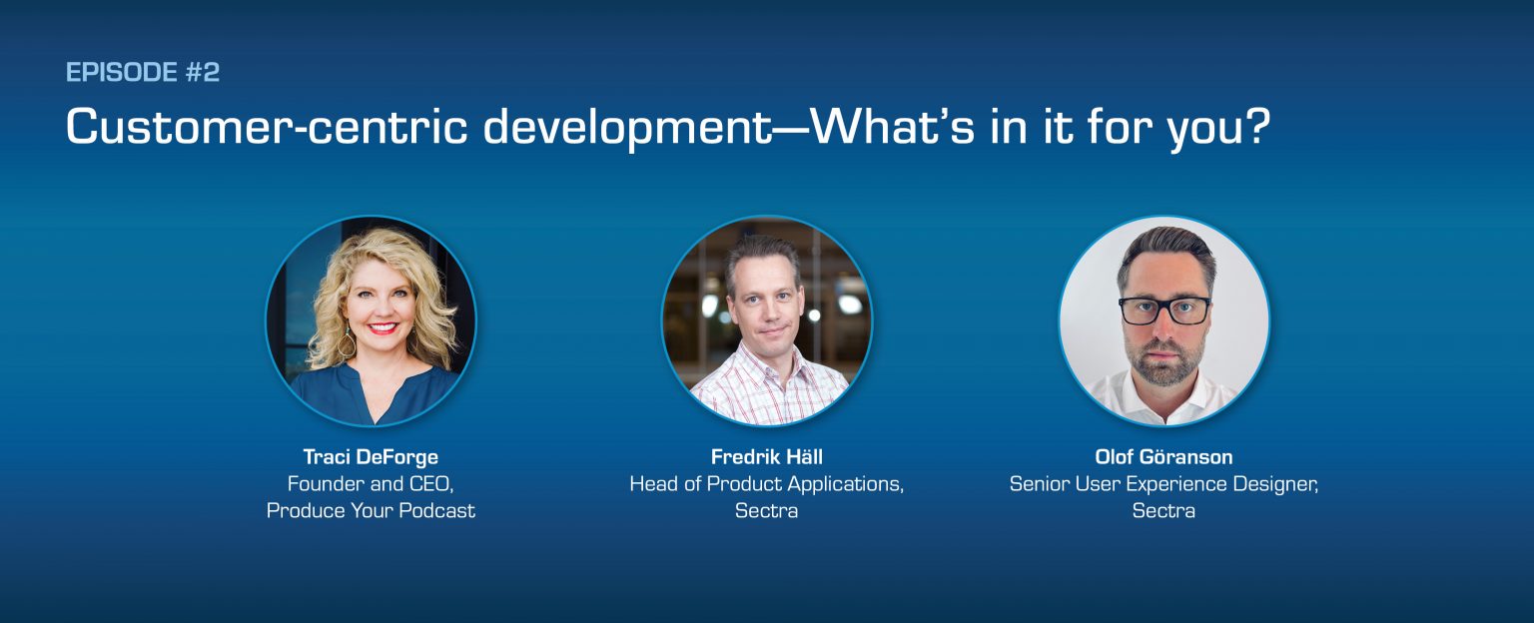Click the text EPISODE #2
point(142,72)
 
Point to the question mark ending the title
point(1257,127)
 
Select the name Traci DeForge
point(371,457)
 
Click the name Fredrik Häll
point(766,457)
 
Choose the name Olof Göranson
point(1163,457)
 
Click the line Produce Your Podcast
point(371,511)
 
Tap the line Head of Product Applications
point(766,484)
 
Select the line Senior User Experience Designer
point(1163,484)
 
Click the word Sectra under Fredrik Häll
point(766,511)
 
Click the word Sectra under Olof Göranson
point(1163,511)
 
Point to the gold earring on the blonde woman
point(347,342)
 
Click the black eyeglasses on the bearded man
point(1164,311)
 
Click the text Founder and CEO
point(371,484)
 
